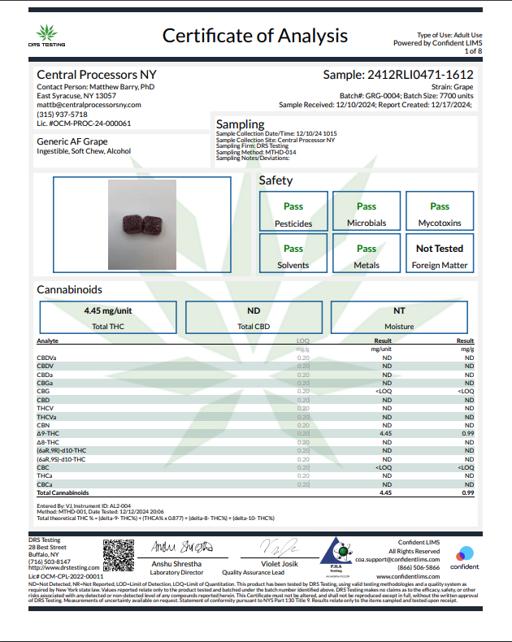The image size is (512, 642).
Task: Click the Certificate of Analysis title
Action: click(255, 36)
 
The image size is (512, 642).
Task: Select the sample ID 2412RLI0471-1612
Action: click(398, 74)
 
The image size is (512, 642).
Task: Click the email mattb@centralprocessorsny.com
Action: click(89, 105)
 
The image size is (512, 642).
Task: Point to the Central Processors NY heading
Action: click(96, 74)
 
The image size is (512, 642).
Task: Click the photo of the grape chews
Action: click(142, 224)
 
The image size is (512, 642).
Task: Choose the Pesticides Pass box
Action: click(293, 212)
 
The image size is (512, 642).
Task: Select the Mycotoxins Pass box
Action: click(440, 212)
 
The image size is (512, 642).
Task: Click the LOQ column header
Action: click(303, 341)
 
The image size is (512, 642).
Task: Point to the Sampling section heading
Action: click(241, 124)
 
